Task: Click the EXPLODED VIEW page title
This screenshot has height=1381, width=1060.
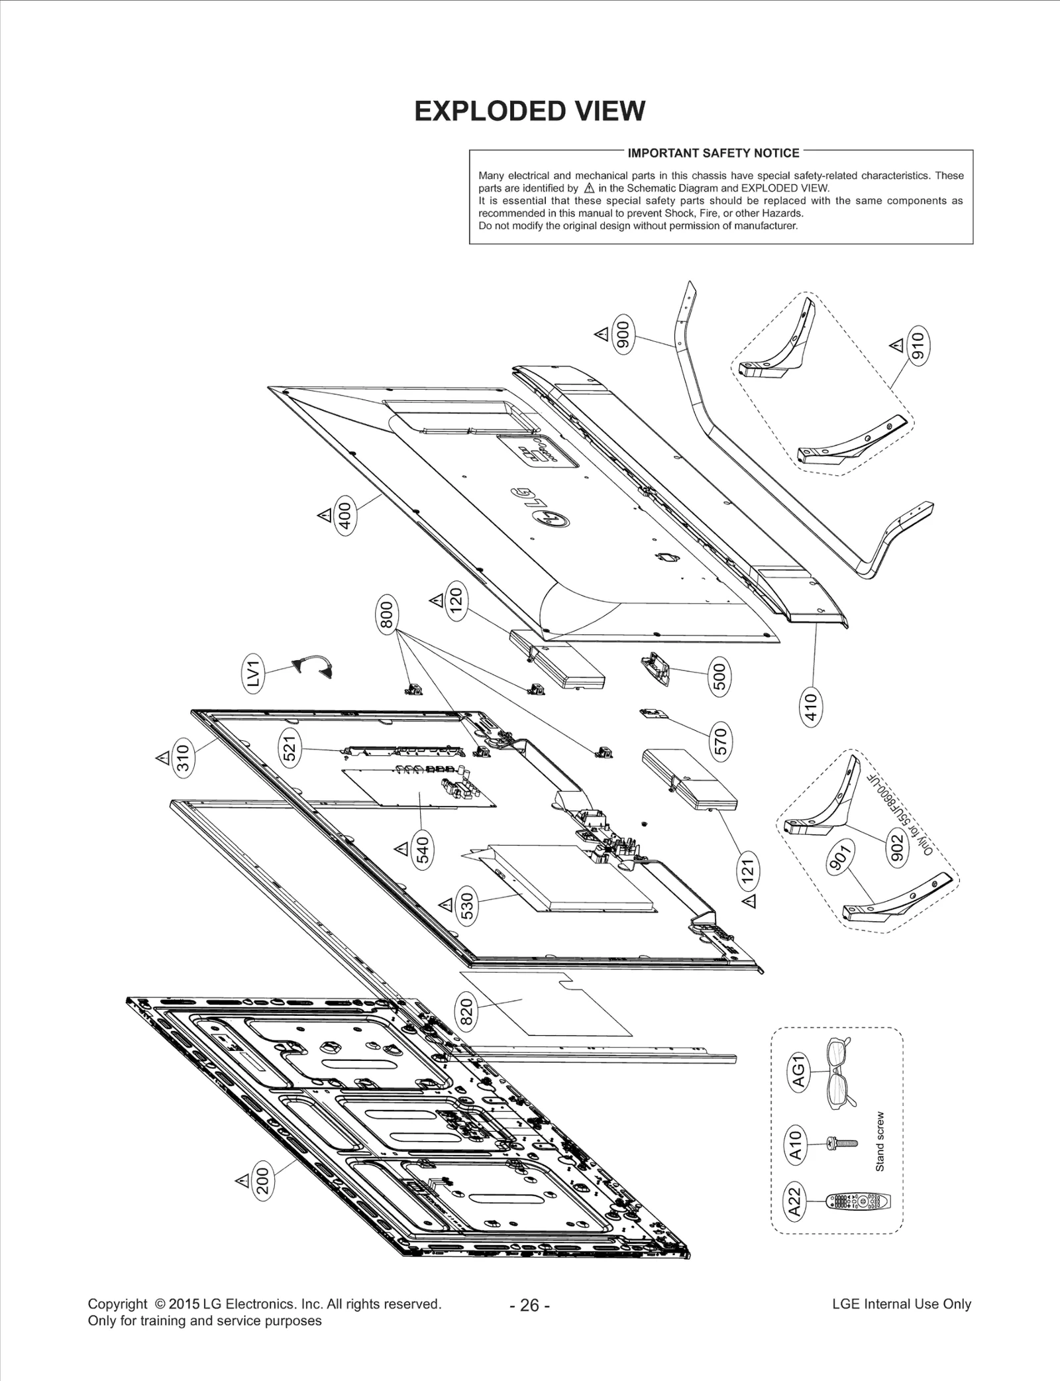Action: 529,111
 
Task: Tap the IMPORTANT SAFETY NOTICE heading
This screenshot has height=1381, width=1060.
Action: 714,153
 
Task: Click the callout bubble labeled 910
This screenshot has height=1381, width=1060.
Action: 918,345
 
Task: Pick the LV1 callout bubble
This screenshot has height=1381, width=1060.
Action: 254,673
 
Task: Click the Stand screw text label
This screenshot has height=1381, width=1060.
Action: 880,1141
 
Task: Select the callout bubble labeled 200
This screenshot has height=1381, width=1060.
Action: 264,1181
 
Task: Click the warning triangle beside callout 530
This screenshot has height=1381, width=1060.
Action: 446,904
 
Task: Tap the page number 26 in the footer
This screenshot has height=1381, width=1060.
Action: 529,1305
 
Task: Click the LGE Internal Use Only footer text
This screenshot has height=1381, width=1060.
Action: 901,1304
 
